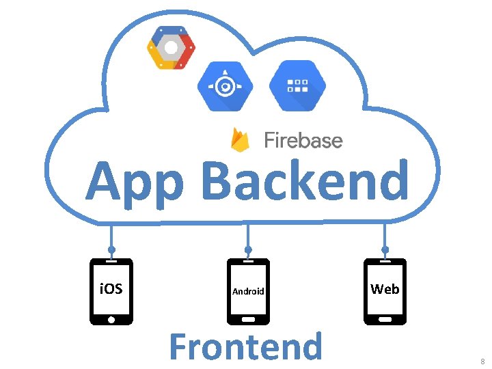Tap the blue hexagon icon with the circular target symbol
pos(225,86)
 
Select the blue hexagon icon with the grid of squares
pos(297,86)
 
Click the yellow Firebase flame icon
pos(240,140)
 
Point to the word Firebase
pos(303,141)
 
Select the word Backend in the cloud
pos(305,180)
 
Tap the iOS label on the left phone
pos(111,289)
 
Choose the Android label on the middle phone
pos(248,291)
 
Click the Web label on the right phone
pos(385,289)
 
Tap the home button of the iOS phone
pos(111,318)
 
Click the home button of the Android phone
pos(248,318)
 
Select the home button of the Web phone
pos(385,318)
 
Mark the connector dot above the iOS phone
pos(111,249)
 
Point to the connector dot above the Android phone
pos(248,249)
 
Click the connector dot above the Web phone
pos(385,249)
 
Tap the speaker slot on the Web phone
pos(385,262)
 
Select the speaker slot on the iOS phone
pos(111,262)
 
